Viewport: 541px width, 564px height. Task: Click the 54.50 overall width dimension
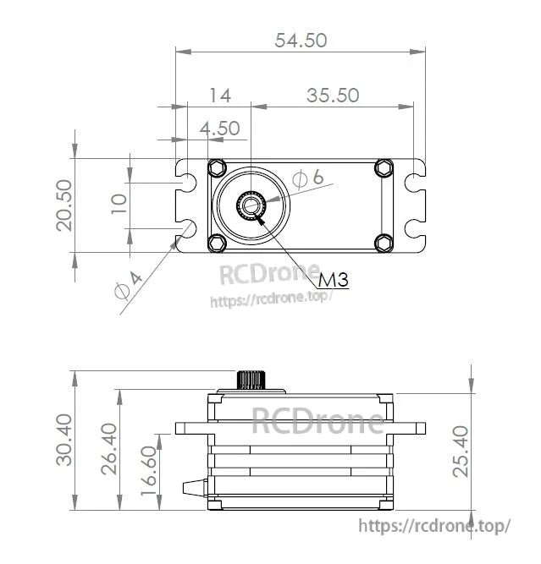pos(301,40)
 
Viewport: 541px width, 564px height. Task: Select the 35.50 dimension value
pos(333,95)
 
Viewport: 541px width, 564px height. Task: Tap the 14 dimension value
pos(219,95)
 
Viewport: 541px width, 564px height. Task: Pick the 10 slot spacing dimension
pos(119,204)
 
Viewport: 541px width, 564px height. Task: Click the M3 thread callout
pos(334,280)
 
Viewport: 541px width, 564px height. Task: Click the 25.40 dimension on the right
pos(460,452)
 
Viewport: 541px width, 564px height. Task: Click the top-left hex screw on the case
pos(217,167)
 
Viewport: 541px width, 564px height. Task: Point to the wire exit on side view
pos(196,489)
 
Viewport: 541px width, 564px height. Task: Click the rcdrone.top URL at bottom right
pos(435,525)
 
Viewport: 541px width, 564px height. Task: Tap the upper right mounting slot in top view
pos(415,182)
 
